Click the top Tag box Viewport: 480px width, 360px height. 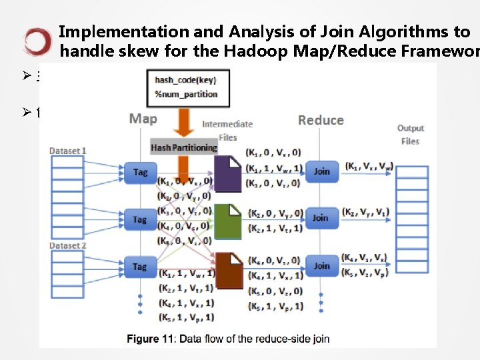tap(139, 172)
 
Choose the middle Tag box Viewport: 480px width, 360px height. tap(139, 219)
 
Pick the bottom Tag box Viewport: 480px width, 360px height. tap(139, 267)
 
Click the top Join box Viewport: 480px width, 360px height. tap(321, 171)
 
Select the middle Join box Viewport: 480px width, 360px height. tap(321, 217)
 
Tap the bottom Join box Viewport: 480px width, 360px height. tap(321, 265)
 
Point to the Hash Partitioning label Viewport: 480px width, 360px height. tap(183, 147)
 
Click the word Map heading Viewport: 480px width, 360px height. tap(143, 119)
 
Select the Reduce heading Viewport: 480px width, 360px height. tap(321, 120)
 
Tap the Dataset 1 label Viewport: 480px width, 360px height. tap(68, 151)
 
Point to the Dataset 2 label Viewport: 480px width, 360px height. tap(68, 246)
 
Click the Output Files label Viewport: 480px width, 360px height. tap(410, 135)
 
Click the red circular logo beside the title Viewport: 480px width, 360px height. tap(37, 41)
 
